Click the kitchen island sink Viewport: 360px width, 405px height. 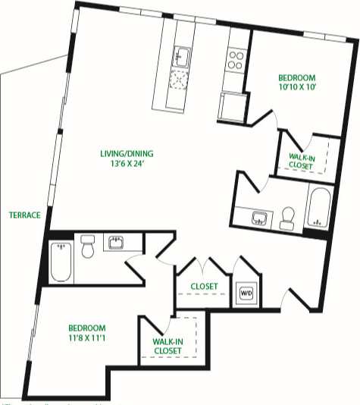[180, 55]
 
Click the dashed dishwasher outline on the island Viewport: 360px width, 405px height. [180, 78]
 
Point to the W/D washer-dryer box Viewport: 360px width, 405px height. [246, 293]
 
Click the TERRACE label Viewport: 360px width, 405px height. [24, 215]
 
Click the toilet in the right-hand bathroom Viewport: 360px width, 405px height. [287, 218]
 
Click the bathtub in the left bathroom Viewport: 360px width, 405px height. [61, 260]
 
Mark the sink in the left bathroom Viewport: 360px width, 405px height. [117, 243]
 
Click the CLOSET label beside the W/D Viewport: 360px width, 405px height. [203, 287]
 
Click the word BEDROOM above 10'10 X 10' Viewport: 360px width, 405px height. [296, 78]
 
